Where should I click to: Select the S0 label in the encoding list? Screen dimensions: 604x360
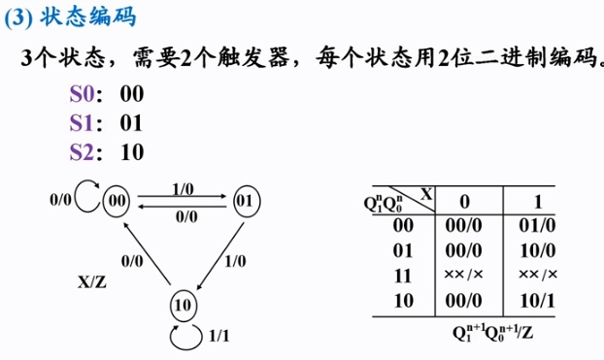click(84, 94)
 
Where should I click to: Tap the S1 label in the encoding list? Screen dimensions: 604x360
click(84, 122)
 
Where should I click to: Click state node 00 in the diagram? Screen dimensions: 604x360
click(118, 201)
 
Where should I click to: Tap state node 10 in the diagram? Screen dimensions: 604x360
click(183, 304)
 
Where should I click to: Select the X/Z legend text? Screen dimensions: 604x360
click(94, 282)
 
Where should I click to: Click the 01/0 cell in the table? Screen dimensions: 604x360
click(540, 225)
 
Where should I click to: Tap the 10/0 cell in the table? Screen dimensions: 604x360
click(540, 249)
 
